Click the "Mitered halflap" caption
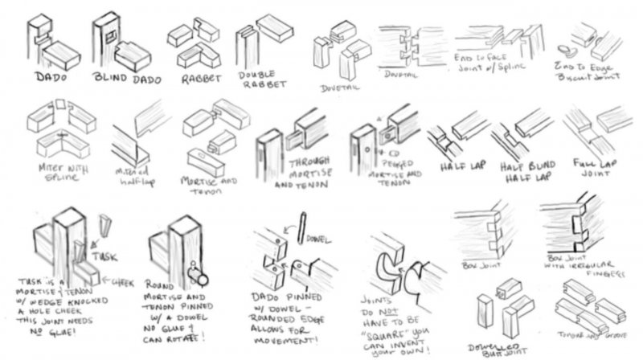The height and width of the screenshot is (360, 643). click(136, 179)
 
